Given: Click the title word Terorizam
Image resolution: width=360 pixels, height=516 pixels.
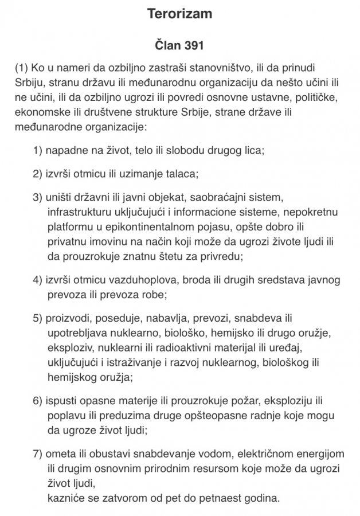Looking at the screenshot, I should coord(179,14).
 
